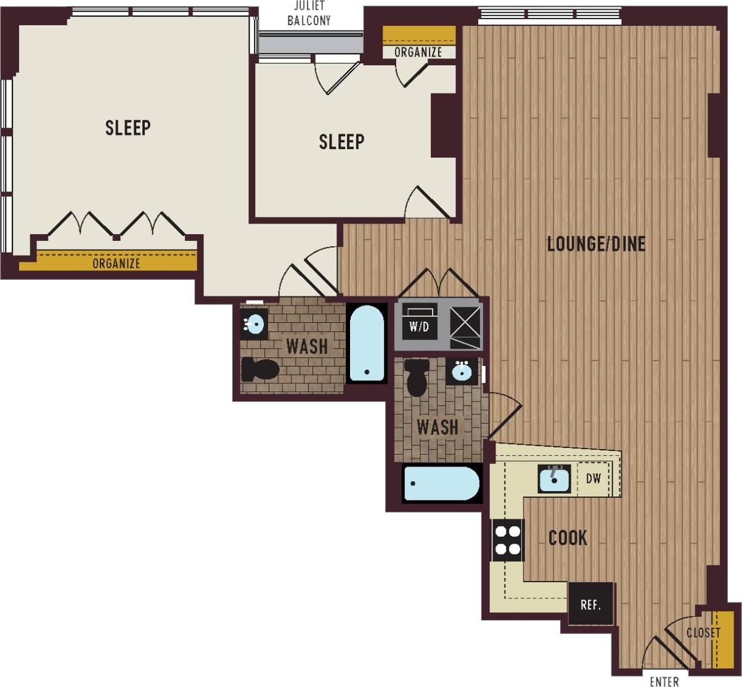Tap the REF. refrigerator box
tap(590, 604)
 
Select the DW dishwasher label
tap(593, 479)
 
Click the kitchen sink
tap(554, 479)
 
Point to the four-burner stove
tap(507, 540)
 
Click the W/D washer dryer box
tap(419, 327)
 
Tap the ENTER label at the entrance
tap(664, 681)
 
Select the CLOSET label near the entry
tap(703, 633)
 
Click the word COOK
tap(568, 539)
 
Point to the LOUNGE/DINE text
tap(596, 245)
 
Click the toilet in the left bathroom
tap(259, 369)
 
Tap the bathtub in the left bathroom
tap(367, 344)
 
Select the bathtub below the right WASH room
tap(441, 483)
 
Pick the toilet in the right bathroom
tap(417, 376)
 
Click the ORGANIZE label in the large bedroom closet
tap(116, 264)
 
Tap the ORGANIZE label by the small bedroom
tap(418, 52)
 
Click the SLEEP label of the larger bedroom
tap(128, 128)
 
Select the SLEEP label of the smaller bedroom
tap(341, 142)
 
